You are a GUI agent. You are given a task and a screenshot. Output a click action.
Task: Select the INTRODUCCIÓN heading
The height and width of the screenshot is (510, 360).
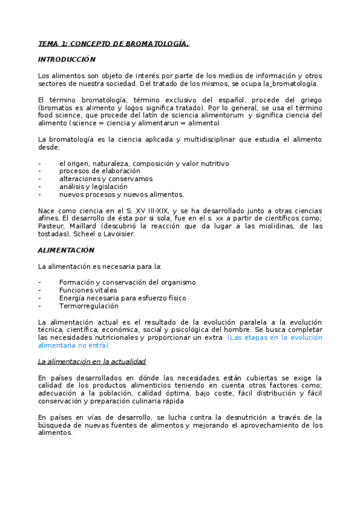click(x=67, y=60)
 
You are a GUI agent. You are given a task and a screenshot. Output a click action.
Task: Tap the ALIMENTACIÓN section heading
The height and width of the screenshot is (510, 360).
click(x=66, y=250)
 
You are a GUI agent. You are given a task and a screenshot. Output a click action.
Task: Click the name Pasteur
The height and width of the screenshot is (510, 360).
click(x=50, y=226)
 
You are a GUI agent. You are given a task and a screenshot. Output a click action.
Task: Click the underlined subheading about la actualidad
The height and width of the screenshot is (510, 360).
click(x=92, y=361)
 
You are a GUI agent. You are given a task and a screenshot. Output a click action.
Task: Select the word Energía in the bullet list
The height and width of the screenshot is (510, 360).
click(x=72, y=298)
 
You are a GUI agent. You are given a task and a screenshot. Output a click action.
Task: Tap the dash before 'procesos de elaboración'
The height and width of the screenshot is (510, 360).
click(x=39, y=171)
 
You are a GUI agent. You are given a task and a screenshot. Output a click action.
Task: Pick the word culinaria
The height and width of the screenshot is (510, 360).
click(x=141, y=401)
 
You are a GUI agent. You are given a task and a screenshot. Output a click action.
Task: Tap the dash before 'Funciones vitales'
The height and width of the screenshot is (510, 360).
click(x=39, y=290)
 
